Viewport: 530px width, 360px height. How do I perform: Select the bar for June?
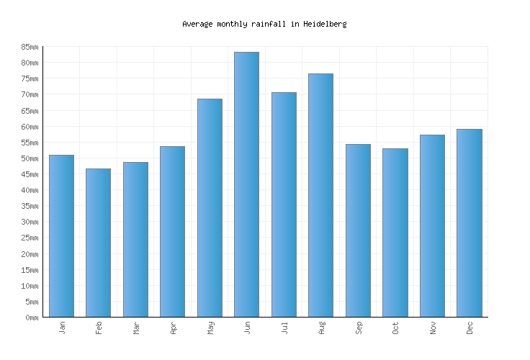246,184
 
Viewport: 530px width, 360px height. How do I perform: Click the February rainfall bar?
98,243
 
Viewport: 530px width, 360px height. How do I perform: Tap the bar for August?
320,195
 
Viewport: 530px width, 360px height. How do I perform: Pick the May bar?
210,207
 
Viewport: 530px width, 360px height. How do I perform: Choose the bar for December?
469,222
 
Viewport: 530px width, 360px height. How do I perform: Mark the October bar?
395,233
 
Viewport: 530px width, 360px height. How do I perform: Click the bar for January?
61,235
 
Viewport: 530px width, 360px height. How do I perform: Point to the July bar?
284,204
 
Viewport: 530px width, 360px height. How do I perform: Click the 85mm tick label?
30,47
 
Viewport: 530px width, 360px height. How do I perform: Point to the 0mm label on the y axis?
32,318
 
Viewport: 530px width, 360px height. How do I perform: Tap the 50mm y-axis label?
30,158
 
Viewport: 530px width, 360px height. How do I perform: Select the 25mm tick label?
30,238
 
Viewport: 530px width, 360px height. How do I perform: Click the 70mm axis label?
30,95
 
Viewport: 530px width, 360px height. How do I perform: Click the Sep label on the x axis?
359,328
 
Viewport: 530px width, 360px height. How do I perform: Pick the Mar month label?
136,328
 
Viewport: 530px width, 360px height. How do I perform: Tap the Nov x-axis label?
433,328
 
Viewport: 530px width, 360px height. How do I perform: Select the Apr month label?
173,328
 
